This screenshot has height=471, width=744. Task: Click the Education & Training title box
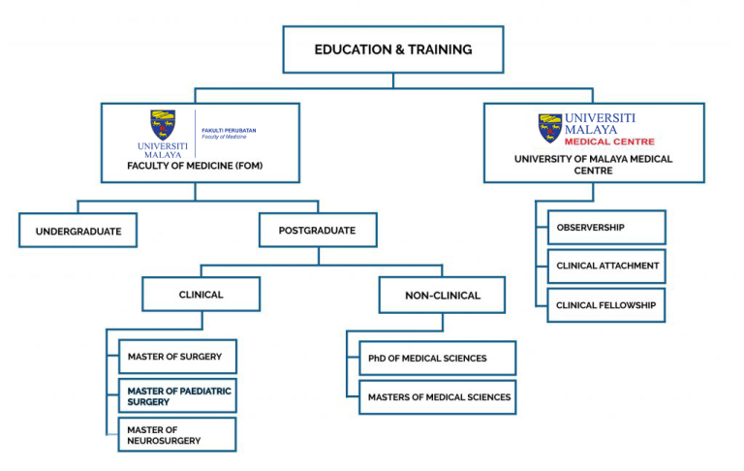click(392, 49)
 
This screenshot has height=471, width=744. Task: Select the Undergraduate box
click(77, 231)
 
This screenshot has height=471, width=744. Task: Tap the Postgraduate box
click(317, 231)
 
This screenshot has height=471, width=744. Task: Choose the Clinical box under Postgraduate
click(201, 295)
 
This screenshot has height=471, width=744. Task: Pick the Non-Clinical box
click(442, 295)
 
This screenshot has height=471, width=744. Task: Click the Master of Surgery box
click(176, 357)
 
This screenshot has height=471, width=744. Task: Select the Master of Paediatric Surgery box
click(176, 395)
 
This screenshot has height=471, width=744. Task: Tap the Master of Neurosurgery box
click(176, 434)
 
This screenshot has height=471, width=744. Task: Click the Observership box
click(606, 227)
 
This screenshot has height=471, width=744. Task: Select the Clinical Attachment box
click(606, 266)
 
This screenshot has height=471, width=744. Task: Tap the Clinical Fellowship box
click(606, 304)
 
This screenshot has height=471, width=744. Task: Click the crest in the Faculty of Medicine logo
click(163, 124)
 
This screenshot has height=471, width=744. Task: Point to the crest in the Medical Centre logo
click(550, 128)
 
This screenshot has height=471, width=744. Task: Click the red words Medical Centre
click(608, 141)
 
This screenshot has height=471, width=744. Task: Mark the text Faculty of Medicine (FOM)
click(195, 166)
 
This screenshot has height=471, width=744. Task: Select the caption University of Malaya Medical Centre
click(593, 164)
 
